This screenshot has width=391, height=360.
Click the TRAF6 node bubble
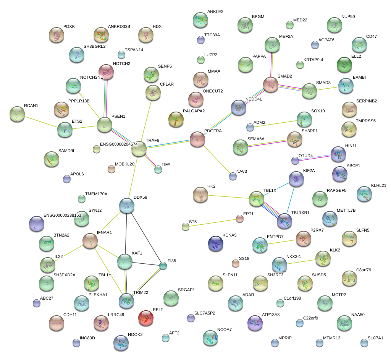coord(139,149)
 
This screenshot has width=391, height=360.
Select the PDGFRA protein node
coord(197,139)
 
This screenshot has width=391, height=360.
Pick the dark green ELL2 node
coord(344,65)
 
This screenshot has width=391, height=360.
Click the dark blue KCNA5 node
coord(216,243)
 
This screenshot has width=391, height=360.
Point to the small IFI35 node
coord(163,266)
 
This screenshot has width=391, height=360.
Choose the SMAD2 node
coord(271,84)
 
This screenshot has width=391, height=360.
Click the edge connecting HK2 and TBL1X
coord(228,197)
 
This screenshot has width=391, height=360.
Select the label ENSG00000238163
coord(62,216)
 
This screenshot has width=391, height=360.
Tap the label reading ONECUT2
coord(213,91)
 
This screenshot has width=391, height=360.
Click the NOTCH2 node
coord(106,71)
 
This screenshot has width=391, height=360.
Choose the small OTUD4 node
coord(295,161)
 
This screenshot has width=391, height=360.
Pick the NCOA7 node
coord(210,338)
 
